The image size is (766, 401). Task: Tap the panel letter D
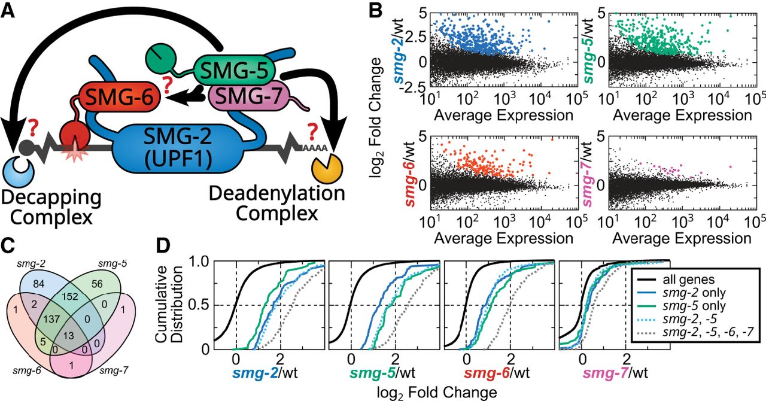coord(163,247)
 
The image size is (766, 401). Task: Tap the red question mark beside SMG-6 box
coord(169,86)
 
